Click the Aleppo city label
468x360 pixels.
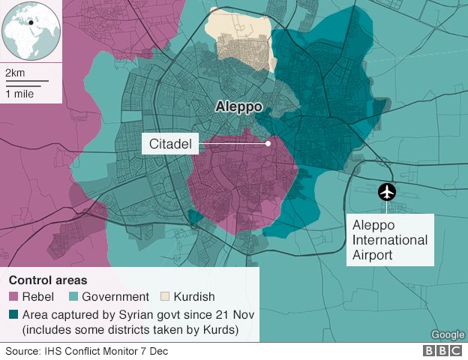[239, 106]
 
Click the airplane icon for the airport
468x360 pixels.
[388, 192]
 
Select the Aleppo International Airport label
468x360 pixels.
[390, 240]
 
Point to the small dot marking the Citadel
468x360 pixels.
[267, 143]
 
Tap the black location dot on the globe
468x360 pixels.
[31, 22]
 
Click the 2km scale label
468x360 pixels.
[15, 73]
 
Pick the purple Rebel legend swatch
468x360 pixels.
[13, 297]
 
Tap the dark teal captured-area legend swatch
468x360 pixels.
[13, 315]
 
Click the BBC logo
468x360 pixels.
[442, 351]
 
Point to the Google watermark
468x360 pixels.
[447, 334]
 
